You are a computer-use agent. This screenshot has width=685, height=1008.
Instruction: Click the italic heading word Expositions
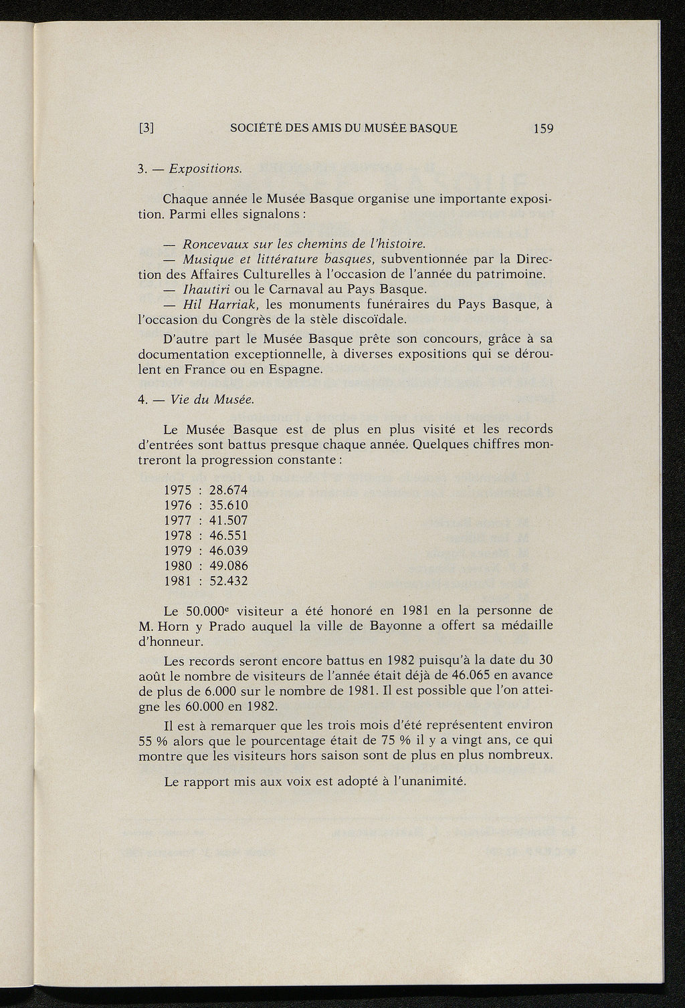[x=205, y=168]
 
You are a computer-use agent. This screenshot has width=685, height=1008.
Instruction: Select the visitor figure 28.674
[x=229, y=490]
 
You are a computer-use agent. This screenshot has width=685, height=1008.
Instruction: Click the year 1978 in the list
[x=178, y=535]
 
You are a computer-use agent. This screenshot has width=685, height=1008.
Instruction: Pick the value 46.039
[x=229, y=551]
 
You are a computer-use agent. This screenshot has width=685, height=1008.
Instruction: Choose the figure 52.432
[x=229, y=582]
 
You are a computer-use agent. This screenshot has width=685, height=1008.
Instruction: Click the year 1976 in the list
[x=178, y=505]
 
